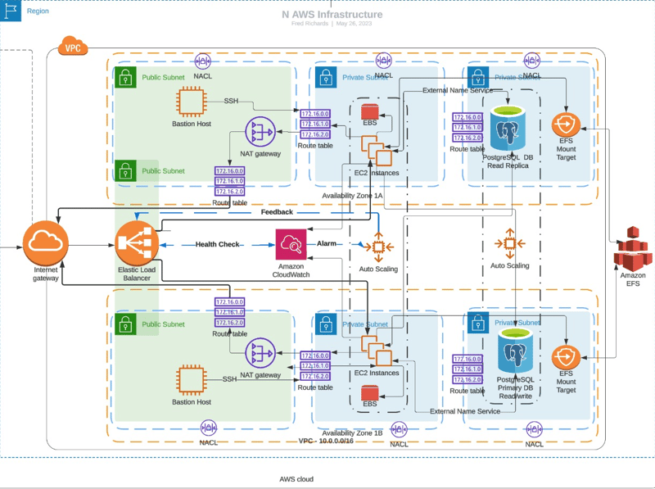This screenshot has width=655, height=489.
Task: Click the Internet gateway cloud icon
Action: (x=47, y=242)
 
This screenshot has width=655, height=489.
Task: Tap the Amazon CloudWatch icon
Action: (x=291, y=244)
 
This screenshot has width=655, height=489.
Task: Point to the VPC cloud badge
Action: (x=71, y=46)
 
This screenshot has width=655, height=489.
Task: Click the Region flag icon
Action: (x=11, y=11)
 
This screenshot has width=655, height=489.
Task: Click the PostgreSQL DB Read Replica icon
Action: (x=512, y=128)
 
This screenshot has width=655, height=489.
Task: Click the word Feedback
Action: (x=277, y=212)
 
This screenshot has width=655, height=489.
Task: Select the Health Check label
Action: (x=217, y=244)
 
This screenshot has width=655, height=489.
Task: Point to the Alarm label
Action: (x=327, y=244)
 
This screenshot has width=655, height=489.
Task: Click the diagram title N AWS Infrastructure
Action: (x=332, y=14)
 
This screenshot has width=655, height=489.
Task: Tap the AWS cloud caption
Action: (x=296, y=479)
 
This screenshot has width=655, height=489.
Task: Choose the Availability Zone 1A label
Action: (x=352, y=194)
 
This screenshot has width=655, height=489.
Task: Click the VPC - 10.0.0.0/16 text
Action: (x=326, y=441)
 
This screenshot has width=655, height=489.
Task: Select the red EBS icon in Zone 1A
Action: (x=369, y=111)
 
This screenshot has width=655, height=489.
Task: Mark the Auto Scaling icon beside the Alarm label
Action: (x=377, y=247)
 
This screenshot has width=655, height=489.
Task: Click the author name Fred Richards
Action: (x=310, y=23)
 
